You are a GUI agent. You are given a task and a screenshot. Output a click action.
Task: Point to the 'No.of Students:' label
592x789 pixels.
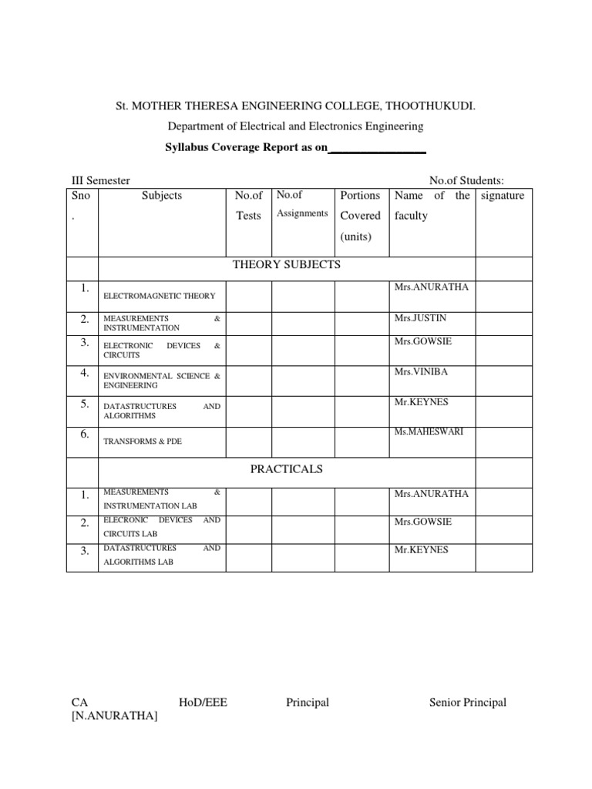click(x=466, y=180)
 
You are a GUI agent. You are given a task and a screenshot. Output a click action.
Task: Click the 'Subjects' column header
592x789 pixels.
click(x=162, y=196)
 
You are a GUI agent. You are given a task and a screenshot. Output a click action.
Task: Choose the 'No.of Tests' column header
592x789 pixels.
click(x=249, y=206)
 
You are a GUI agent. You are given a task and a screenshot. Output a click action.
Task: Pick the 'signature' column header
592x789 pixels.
click(x=502, y=196)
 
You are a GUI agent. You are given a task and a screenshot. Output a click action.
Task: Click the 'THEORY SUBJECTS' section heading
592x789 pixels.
click(x=287, y=265)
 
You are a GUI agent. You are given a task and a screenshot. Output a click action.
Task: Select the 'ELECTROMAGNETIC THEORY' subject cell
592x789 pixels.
click(x=159, y=296)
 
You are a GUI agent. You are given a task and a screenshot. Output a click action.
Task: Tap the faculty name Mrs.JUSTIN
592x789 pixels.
click(x=420, y=317)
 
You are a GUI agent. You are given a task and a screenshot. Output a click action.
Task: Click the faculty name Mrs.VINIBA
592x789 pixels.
click(x=421, y=372)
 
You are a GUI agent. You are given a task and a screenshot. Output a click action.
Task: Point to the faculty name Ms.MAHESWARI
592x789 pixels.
click(x=429, y=431)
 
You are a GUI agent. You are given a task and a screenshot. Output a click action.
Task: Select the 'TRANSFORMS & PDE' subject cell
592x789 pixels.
click(x=143, y=442)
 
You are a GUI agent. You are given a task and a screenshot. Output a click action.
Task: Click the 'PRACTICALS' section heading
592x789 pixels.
click(x=287, y=469)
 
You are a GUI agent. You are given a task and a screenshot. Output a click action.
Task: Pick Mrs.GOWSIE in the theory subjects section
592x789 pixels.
click(x=423, y=341)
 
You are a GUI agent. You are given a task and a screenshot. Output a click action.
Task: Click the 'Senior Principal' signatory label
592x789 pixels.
click(x=467, y=702)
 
